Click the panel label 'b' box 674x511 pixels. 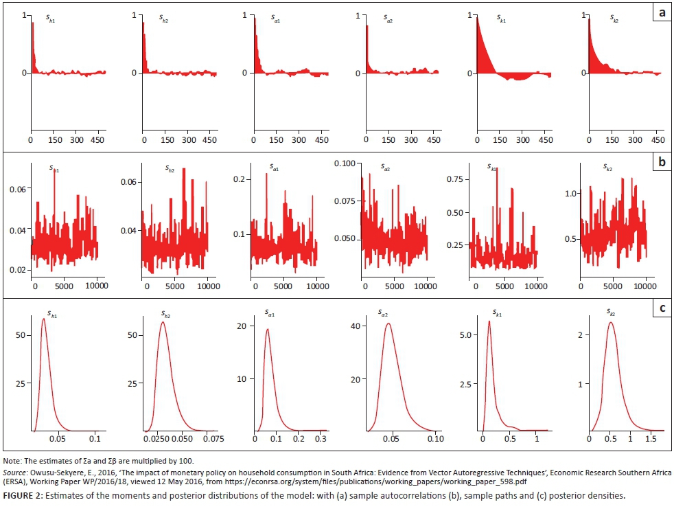pos(661,163)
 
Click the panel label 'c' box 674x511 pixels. pos(661,308)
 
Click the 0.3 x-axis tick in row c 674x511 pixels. pos(320,438)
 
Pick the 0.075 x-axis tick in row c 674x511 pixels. pos(213,438)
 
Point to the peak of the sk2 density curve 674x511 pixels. pos(609,322)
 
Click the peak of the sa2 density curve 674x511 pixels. pos(388,323)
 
